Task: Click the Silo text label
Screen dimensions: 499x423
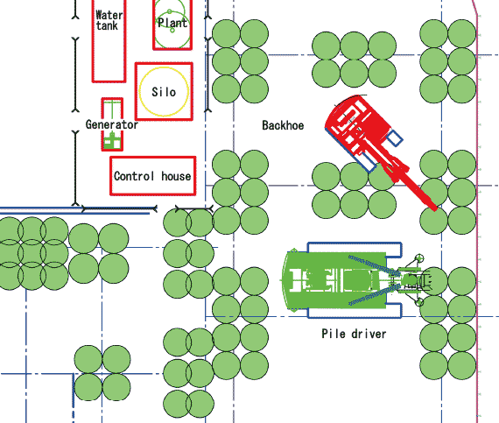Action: [164, 92]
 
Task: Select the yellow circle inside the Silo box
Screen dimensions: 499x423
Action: [140, 92]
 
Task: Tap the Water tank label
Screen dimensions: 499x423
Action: [109, 20]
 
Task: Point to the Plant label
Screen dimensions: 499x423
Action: [172, 23]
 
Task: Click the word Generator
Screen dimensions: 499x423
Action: [112, 124]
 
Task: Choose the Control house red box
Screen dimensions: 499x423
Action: [110, 176]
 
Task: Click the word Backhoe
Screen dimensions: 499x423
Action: [283, 125]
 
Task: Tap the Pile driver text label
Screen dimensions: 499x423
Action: [354, 334]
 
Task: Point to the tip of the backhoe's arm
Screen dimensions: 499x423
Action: [435, 209]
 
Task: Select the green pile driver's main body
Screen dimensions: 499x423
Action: [337, 280]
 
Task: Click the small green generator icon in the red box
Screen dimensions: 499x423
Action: [112, 141]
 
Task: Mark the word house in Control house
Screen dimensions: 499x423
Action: [176, 176]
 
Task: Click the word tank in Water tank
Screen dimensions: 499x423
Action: [107, 25]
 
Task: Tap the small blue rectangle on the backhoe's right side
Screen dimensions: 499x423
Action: [395, 138]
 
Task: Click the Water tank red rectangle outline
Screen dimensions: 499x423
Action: [93, 41]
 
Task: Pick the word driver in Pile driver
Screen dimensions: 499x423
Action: [369, 334]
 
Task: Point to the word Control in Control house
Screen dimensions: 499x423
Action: [134, 176]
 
